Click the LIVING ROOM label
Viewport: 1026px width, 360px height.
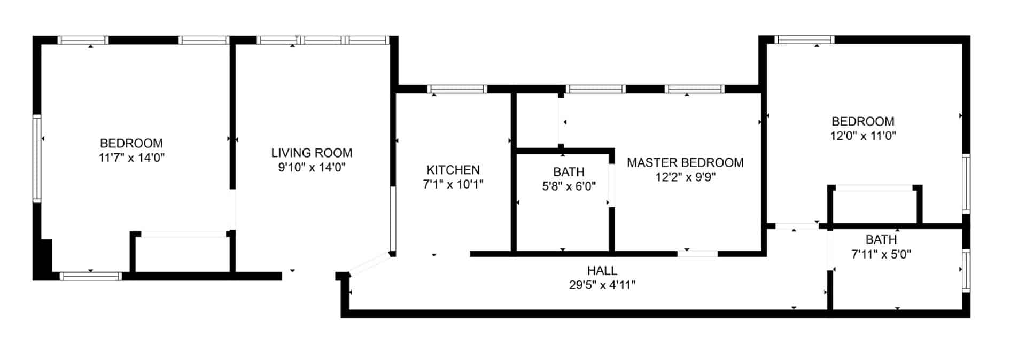(x=312, y=153)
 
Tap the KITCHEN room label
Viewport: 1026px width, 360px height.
(x=453, y=170)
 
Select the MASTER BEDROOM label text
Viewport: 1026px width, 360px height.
(x=685, y=163)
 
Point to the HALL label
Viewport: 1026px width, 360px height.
(x=602, y=271)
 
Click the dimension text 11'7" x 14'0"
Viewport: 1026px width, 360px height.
(x=131, y=158)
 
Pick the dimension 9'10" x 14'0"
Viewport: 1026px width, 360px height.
(x=312, y=168)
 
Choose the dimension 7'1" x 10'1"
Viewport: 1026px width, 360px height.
(x=453, y=185)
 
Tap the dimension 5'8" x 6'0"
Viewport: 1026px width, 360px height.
(x=569, y=186)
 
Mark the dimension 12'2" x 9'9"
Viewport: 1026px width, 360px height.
(x=685, y=177)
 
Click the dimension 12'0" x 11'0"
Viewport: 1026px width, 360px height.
(x=863, y=136)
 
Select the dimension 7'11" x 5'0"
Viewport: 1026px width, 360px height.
(x=881, y=254)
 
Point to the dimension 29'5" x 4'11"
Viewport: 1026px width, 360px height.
(x=602, y=285)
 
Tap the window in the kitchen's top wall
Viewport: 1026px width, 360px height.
(x=457, y=89)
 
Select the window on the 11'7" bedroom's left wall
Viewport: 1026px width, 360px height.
(x=37, y=159)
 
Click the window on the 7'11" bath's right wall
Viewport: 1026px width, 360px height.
(x=966, y=270)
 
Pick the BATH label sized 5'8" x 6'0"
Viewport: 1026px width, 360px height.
(x=569, y=172)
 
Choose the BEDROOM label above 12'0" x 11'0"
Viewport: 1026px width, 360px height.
(x=863, y=121)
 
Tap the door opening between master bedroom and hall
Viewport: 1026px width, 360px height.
(x=697, y=254)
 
